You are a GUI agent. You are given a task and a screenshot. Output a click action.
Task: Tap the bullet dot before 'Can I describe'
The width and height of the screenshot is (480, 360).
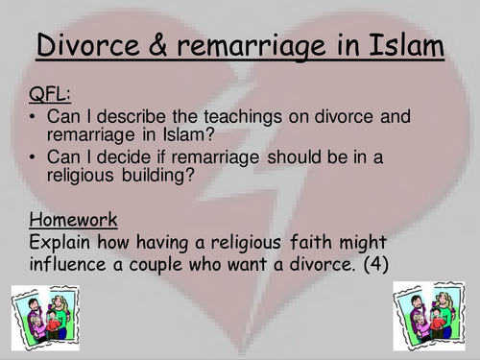tap(36, 117)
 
